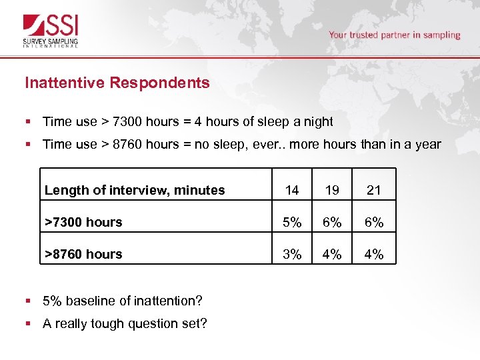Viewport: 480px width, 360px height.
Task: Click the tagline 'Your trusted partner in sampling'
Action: point(394,35)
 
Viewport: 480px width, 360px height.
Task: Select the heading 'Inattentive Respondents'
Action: point(117,83)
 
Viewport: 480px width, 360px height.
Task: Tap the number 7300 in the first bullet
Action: point(127,122)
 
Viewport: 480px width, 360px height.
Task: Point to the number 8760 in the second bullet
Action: point(127,144)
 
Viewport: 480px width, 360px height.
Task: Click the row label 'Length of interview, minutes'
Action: point(135,190)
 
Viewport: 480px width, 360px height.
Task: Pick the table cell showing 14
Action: point(292,190)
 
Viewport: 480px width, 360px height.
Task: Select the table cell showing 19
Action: point(332,190)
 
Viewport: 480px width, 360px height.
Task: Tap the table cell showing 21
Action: point(374,190)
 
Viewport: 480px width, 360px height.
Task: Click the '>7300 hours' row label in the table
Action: point(83,222)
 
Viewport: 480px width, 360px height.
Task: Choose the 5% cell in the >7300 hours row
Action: point(292,222)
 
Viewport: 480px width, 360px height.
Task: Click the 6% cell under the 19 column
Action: point(332,222)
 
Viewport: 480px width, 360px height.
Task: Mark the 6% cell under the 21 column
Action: point(374,222)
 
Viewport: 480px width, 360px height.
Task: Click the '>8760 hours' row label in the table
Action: point(83,254)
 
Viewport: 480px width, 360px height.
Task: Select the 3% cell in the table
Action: point(292,254)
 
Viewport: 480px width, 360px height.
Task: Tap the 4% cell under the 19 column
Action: point(332,254)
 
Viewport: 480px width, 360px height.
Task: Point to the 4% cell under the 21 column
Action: point(374,254)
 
